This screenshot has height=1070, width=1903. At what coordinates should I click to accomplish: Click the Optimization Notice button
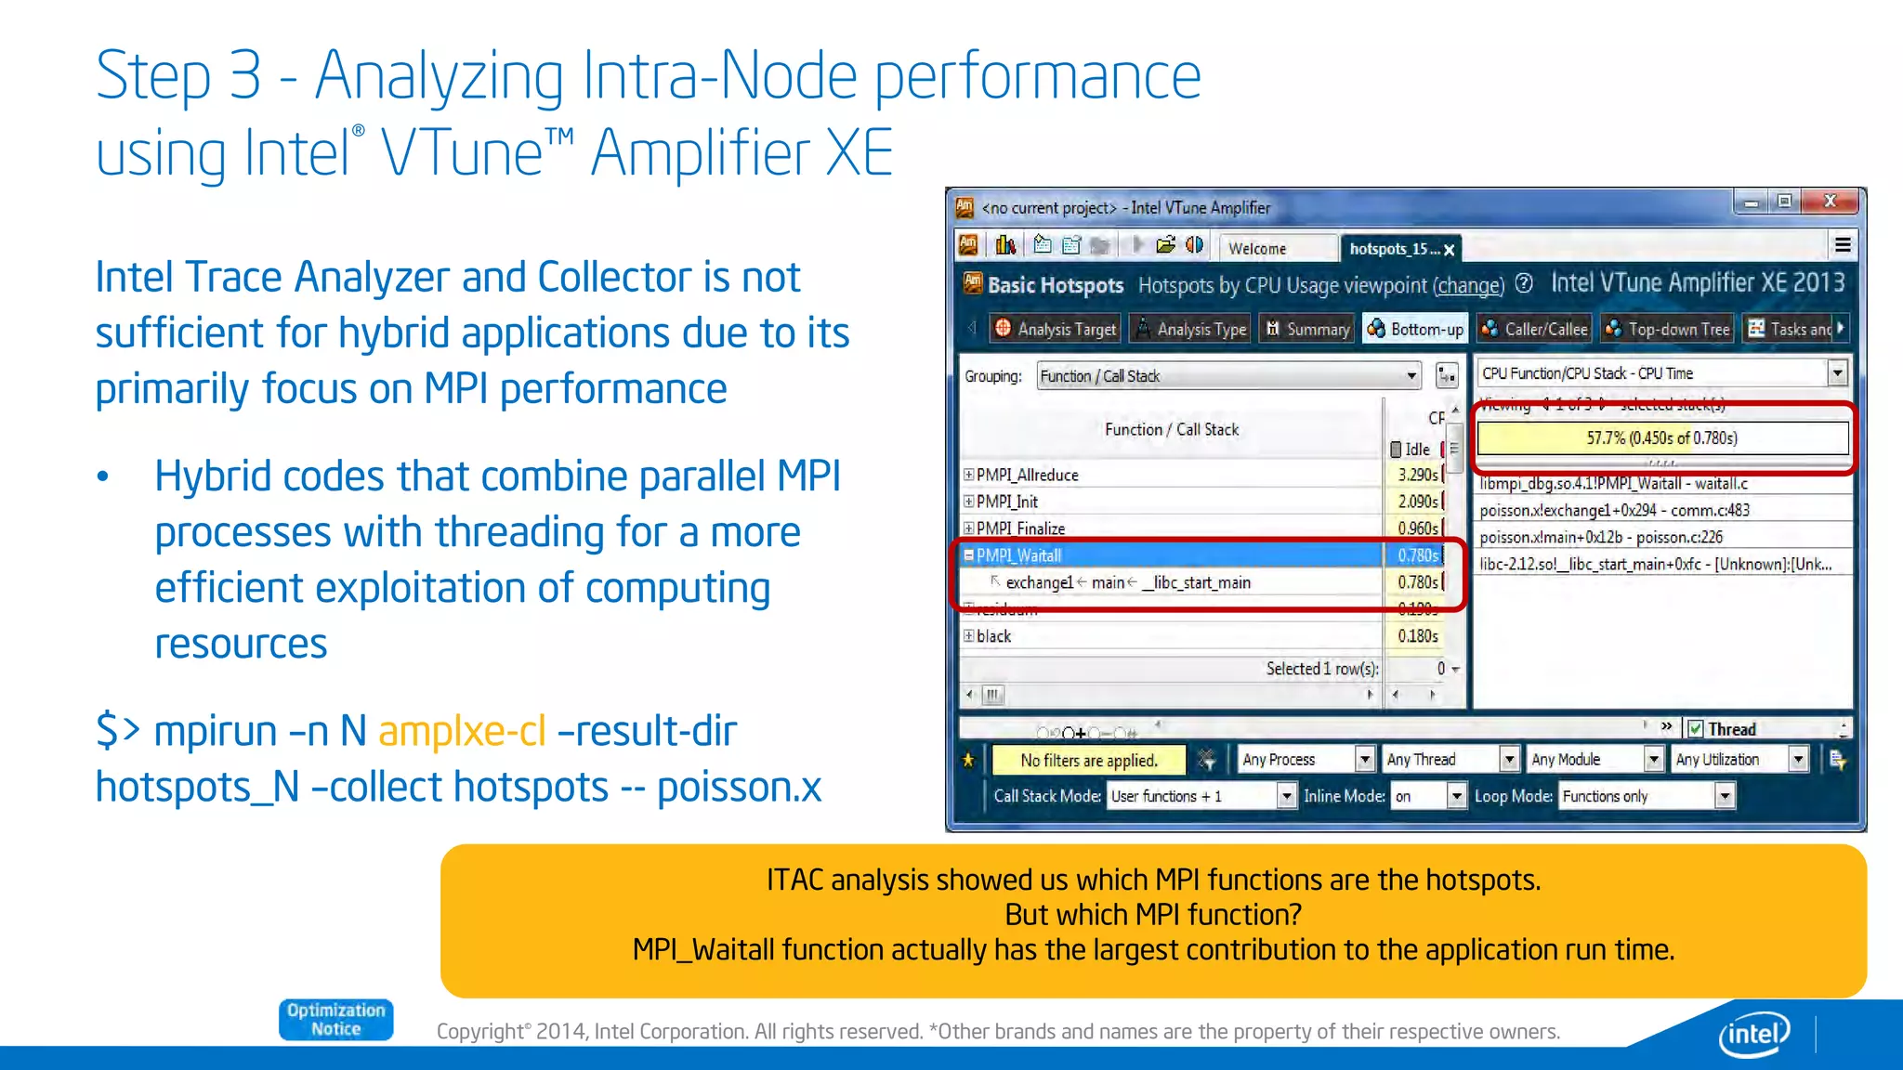pyautogui.click(x=335, y=1019)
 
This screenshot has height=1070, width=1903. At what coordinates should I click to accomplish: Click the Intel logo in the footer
pyautogui.click(x=1753, y=1033)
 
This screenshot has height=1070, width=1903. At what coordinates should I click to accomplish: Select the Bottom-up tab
pyautogui.click(x=1415, y=329)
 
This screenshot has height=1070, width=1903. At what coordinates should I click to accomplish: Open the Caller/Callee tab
pyautogui.click(x=1534, y=329)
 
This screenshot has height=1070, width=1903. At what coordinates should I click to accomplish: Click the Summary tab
pyautogui.click(x=1308, y=329)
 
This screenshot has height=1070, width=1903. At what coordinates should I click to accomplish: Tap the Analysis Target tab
pyautogui.click(x=1056, y=329)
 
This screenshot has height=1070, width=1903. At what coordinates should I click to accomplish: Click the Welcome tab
pyautogui.click(x=1257, y=248)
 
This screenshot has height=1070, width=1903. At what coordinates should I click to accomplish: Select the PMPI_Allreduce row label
pyautogui.click(x=1027, y=475)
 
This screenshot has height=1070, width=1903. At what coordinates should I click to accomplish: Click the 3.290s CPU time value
pyautogui.click(x=1418, y=475)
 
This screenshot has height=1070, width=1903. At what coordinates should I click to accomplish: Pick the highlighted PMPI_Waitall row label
pyautogui.click(x=1018, y=555)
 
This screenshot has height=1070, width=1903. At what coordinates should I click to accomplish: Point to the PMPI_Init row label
pyautogui.click(x=1007, y=502)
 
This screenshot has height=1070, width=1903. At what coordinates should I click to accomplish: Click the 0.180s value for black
pyautogui.click(x=1418, y=636)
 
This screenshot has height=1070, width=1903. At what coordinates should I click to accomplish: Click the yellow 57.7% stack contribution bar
pyautogui.click(x=1661, y=437)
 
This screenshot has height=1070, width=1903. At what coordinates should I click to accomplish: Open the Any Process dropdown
pyautogui.click(x=1306, y=760)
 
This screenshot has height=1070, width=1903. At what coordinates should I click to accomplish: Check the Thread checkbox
pyautogui.click(x=1696, y=729)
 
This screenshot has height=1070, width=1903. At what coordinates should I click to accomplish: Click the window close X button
pyautogui.click(x=1830, y=202)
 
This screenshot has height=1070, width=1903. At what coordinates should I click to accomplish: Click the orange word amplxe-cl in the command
pyautogui.click(x=462, y=731)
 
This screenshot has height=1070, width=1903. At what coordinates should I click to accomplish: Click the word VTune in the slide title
pyautogui.click(x=462, y=153)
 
